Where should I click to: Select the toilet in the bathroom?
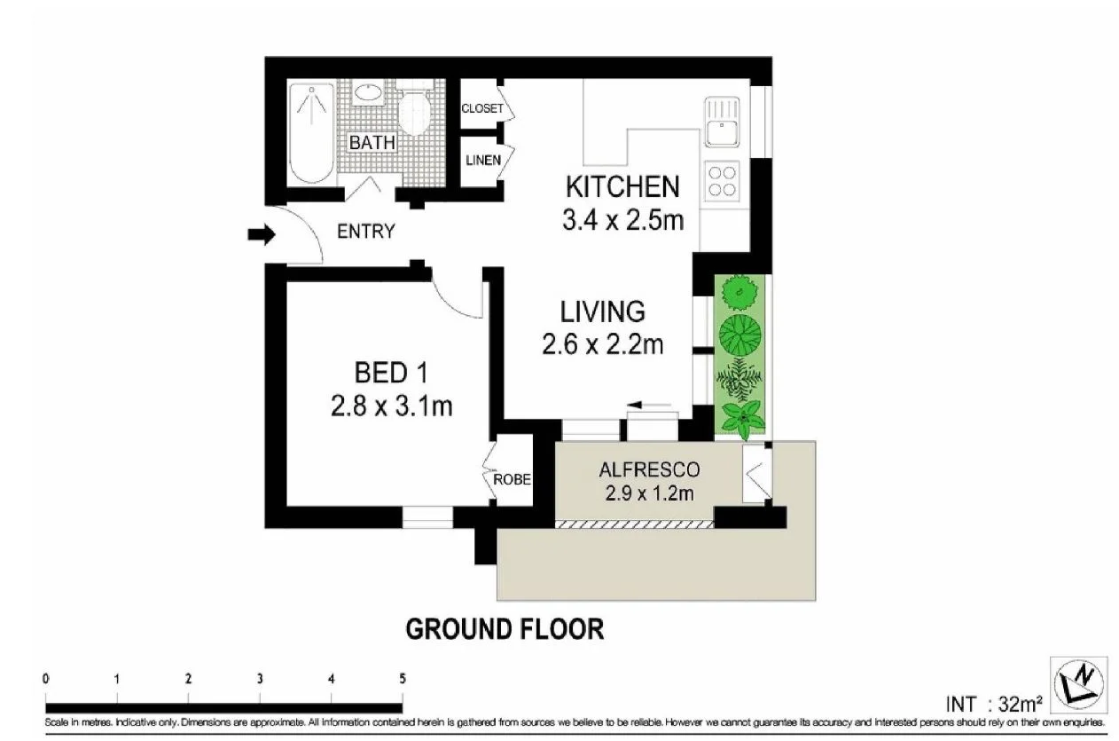click(414, 111)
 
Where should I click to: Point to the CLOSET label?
click(481, 109)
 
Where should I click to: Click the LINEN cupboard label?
click(483, 161)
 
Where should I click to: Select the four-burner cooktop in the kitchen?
click(722, 180)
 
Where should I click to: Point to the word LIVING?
click(602, 311)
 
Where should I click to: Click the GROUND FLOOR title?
click(505, 629)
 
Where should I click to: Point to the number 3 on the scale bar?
click(260, 679)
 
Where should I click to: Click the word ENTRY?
click(366, 232)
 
